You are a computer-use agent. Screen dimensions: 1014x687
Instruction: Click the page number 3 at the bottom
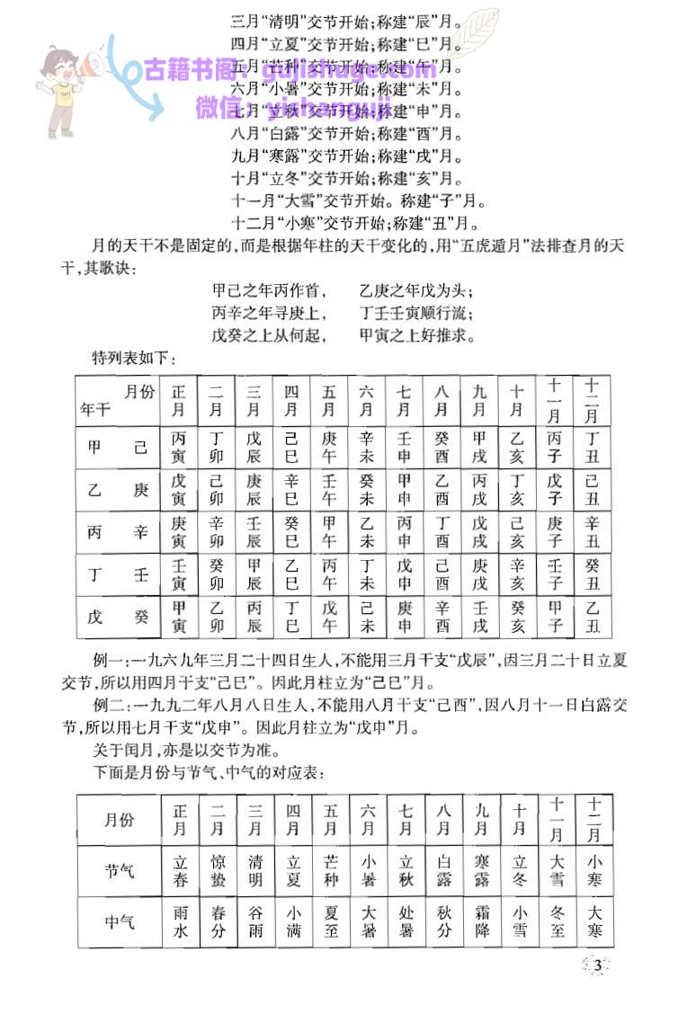(x=596, y=966)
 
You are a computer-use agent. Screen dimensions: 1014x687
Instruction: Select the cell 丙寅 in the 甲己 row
(x=180, y=448)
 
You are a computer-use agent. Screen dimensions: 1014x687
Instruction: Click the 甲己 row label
(x=118, y=448)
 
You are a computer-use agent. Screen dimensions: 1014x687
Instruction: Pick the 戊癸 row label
(x=118, y=618)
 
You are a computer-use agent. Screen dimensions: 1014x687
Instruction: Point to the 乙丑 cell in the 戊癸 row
(x=592, y=618)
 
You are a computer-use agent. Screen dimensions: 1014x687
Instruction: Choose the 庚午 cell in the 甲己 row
(x=329, y=448)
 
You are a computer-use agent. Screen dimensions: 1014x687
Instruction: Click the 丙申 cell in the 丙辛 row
(x=404, y=533)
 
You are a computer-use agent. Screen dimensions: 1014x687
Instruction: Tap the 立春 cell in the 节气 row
(x=180, y=869)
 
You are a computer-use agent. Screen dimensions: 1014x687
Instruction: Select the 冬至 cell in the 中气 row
(x=557, y=921)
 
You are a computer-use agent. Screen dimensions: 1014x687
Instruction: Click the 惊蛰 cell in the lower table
(x=218, y=869)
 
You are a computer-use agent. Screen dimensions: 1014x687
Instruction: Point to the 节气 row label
(x=120, y=869)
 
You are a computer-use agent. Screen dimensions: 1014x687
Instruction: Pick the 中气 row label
(x=120, y=921)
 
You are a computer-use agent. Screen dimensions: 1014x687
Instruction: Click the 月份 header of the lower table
(x=120, y=819)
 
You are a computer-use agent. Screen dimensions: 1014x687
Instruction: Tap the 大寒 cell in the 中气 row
(x=593, y=921)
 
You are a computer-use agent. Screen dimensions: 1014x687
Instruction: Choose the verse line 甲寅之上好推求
(x=416, y=335)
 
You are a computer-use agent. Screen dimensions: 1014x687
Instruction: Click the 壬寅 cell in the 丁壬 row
(x=180, y=575)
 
